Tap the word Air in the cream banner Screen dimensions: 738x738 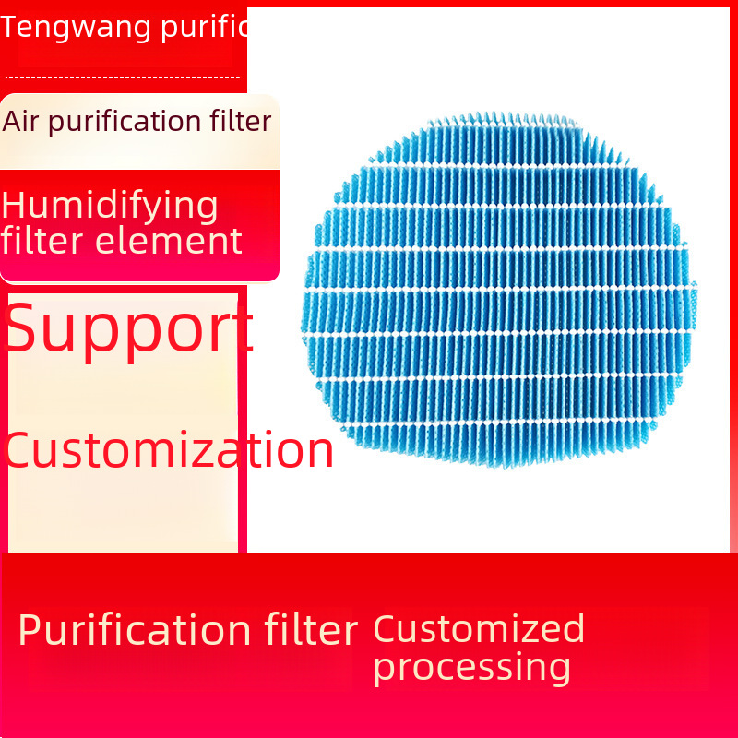tap(19, 121)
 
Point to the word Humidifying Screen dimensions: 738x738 tap(110, 207)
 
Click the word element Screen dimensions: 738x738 tap(169, 241)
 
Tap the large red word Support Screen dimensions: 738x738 tap(128, 329)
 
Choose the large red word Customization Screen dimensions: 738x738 tap(169, 450)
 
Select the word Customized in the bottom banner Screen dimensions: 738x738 tap(479, 628)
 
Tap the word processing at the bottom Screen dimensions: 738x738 tap(472, 668)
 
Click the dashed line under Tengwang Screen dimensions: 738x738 tap(123, 77)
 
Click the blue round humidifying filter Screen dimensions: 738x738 tap(499, 290)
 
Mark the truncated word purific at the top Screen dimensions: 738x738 tap(204, 29)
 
